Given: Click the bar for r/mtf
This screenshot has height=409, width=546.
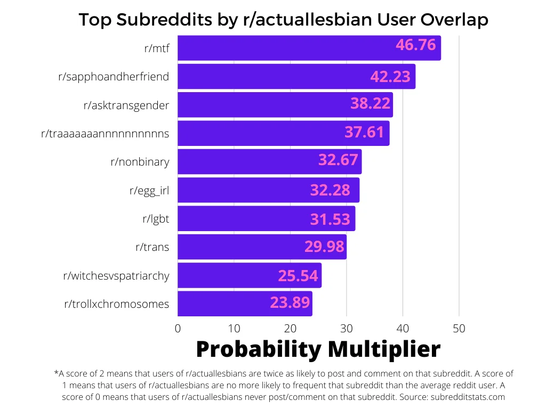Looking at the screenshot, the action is [x=309, y=48].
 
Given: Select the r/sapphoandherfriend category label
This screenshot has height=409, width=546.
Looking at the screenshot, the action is [x=114, y=77].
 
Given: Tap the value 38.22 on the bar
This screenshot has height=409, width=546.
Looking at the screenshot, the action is [x=370, y=104].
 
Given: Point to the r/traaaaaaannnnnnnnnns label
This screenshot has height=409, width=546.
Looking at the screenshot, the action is [x=105, y=134].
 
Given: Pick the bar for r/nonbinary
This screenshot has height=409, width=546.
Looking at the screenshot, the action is [x=269, y=162].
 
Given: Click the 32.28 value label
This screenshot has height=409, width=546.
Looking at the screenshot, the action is [x=330, y=190].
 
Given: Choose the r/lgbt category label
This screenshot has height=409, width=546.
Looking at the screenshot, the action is [x=156, y=219].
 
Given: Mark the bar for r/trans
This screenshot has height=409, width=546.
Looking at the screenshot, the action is [x=262, y=247].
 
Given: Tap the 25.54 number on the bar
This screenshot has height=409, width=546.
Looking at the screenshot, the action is [x=298, y=276].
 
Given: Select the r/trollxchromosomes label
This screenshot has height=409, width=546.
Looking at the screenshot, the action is [x=117, y=304].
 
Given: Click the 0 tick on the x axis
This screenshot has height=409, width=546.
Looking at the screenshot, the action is [x=178, y=329].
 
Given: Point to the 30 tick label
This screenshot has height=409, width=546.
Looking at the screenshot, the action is [x=347, y=329].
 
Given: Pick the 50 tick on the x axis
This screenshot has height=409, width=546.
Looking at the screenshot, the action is [x=459, y=329].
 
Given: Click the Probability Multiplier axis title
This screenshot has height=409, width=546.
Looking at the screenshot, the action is [x=318, y=349].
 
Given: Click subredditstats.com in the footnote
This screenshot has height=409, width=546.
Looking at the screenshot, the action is [x=468, y=397].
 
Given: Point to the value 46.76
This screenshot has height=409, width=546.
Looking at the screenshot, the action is [x=416, y=45].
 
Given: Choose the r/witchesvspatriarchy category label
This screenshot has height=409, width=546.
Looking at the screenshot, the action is [x=116, y=276].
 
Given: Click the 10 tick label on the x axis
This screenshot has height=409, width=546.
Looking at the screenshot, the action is [x=234, y=329].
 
